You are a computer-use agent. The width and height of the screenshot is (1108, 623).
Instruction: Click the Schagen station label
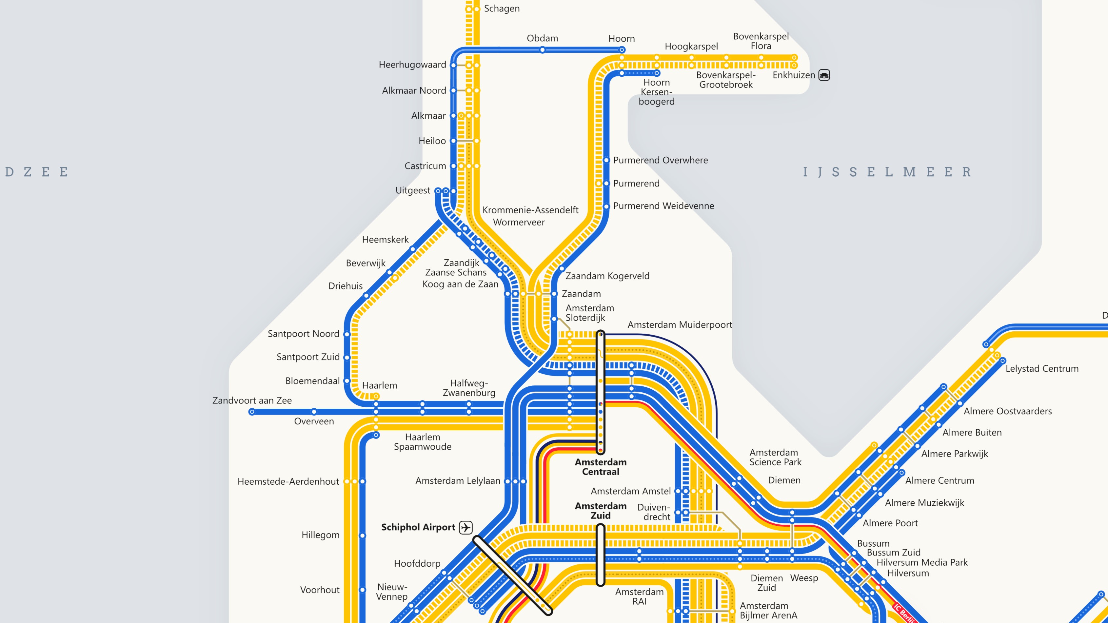[x=502, y=9]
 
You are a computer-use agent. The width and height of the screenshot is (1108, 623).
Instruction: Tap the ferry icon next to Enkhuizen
[x=824, y=75]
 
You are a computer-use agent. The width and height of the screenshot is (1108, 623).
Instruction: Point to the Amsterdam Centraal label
[x=601, y=467]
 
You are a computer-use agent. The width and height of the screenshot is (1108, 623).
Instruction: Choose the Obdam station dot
[x=543, y=50]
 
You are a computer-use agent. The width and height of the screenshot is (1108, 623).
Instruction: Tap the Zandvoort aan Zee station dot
[x=252, y=412]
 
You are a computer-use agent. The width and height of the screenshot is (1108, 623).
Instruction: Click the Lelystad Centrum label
[x=1042, y=368]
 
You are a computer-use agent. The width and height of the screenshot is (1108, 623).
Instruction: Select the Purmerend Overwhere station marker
[x=606, y=160]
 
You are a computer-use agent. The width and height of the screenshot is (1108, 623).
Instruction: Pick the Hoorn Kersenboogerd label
[x=656, y=92]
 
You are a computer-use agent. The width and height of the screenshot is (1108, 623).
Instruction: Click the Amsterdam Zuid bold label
[x=601, y=511]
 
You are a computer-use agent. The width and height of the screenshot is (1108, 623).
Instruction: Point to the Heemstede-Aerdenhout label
[x=288, y=481]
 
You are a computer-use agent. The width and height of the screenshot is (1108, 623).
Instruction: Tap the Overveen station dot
[x=314, y=412]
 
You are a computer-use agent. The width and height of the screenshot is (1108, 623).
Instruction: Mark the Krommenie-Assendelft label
[x=530, y=210]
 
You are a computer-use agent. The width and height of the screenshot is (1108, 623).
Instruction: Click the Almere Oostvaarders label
[x=1007, y=411]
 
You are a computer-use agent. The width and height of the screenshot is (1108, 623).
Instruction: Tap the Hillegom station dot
[x=363, y=536]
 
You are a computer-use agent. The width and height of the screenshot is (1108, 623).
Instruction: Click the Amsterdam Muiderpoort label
[x=680, y=325]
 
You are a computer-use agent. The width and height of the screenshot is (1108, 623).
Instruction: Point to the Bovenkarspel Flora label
[x=761, y=41]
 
